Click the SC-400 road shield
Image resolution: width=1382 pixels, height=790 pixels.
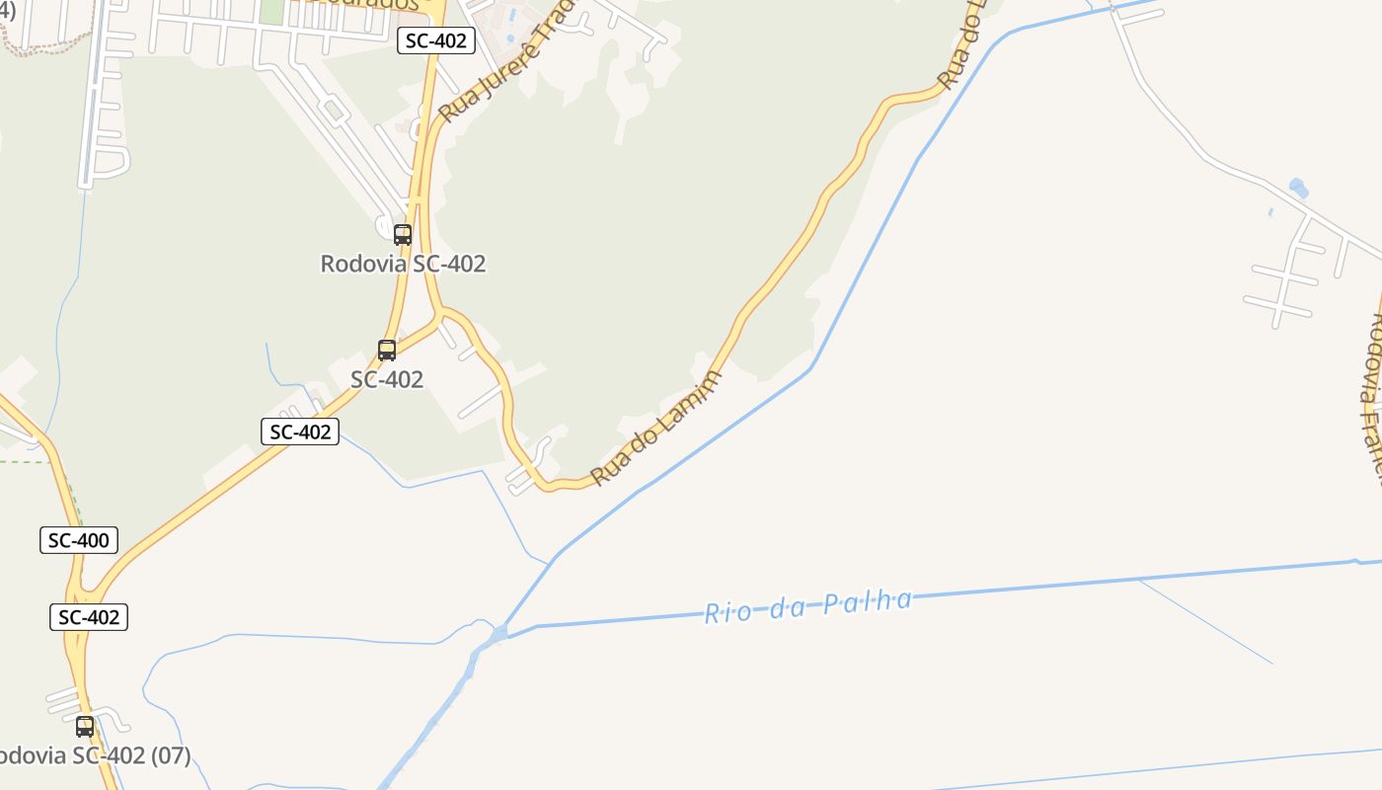tap(79, 540)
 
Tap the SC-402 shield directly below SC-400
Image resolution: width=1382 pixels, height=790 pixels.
tap(89, 617)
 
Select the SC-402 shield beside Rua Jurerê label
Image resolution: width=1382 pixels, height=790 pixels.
tap(436, 41)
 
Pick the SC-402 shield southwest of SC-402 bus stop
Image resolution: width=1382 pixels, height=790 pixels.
tap(300, 432)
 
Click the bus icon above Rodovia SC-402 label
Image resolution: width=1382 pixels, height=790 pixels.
tap(403, 235)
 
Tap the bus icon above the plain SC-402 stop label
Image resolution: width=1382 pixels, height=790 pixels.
tap(387, 351)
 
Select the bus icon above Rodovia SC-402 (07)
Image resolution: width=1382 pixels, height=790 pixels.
tap(85, 727)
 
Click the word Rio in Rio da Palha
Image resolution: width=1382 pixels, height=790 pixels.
tap(725, 612)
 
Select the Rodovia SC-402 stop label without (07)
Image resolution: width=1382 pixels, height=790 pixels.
tap(403, 264)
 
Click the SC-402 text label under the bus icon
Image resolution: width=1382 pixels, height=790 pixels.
tap(387, 379)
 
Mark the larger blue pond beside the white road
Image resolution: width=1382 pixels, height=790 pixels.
tap(1298, 187)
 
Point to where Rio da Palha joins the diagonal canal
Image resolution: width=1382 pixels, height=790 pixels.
tap(501, 631)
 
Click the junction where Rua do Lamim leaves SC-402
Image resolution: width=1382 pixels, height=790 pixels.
tap(440, 314)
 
